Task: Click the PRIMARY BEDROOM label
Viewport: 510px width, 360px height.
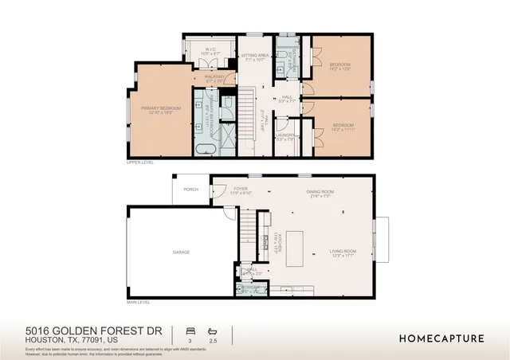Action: (161, 108)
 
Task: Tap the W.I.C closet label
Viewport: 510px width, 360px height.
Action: (210, 50)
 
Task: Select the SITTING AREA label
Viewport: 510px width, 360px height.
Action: (257, 57)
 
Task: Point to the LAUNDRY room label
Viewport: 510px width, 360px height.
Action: (286, 135)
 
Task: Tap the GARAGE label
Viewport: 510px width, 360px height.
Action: (181, 252)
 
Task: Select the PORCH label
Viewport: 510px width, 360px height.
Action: (190, 190)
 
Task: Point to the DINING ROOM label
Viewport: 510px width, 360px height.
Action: (322, 192)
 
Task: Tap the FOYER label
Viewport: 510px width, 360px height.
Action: (241, 190)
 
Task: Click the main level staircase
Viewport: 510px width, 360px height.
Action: (252, 230)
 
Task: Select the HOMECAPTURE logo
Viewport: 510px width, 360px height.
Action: (441, 338)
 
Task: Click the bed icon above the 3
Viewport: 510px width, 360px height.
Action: (190, 329)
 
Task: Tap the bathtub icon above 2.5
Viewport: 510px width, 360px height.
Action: (212, 329)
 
